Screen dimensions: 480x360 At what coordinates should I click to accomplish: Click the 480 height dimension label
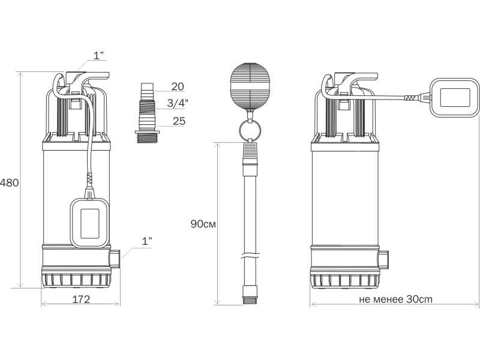10,183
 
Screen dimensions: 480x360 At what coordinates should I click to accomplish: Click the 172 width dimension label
81,299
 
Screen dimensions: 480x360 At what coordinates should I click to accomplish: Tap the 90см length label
203,224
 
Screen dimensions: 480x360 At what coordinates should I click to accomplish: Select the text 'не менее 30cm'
395,299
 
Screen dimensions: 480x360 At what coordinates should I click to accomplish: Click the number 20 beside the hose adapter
178,86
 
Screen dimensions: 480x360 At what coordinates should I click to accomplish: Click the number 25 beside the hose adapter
179,121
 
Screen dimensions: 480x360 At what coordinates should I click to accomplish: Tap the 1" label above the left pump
98,55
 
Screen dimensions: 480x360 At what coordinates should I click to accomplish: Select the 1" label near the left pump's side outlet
147,241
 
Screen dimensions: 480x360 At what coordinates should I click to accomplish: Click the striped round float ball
250,86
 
